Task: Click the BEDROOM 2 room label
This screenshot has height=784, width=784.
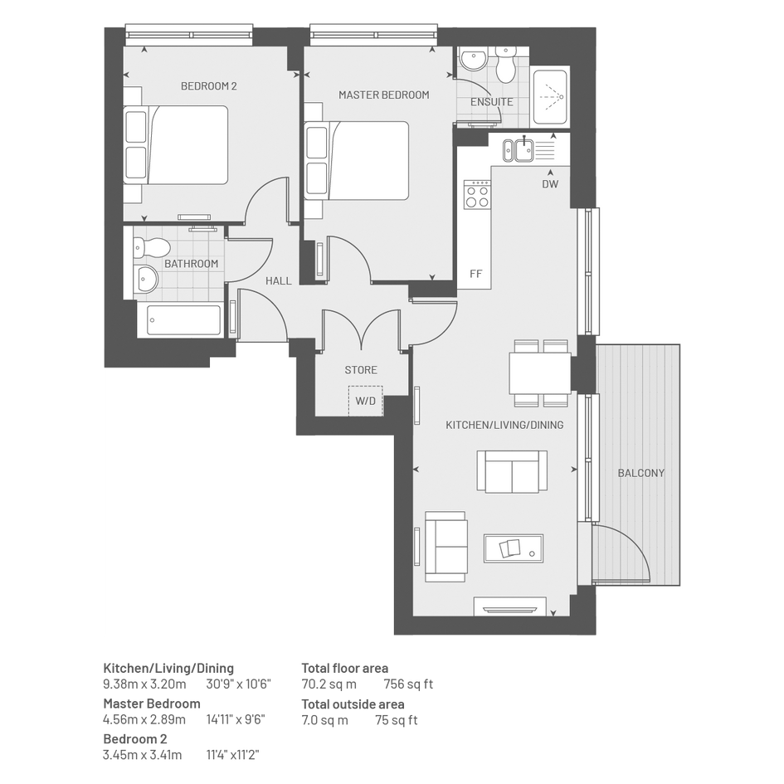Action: [x=208, y=86]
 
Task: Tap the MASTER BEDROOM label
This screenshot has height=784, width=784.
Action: [x=383, y=95]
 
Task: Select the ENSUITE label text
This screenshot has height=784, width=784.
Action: [x=491, y=102]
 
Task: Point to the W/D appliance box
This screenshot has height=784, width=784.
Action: [x=366, y=401]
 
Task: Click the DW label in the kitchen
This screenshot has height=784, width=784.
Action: [x=550, y=184]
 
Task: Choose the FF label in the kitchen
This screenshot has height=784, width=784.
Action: [x=475, y=274]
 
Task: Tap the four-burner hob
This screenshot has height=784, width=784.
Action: [x=477, y=194]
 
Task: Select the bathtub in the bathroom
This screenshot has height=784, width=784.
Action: [x=184, y=320]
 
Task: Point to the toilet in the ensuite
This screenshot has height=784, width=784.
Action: [x=505, y=65]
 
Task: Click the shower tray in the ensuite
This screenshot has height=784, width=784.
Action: [x=550, y=96]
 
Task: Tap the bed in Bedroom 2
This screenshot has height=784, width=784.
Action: [x=176, y=145]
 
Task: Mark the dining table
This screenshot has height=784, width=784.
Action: [x=540, y=373]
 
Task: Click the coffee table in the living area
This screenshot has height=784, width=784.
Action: [x=513, y=548]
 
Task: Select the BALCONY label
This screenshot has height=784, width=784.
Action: [x=641, y=473]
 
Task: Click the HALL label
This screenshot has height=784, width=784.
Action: [x=279, y=281]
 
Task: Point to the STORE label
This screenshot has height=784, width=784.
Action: [x=361, y=370]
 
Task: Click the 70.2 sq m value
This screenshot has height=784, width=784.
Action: [x=329, y=684]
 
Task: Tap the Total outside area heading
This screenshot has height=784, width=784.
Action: [x=353, y=704]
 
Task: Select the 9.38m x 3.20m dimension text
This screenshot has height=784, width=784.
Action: [x=144, y=684]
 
